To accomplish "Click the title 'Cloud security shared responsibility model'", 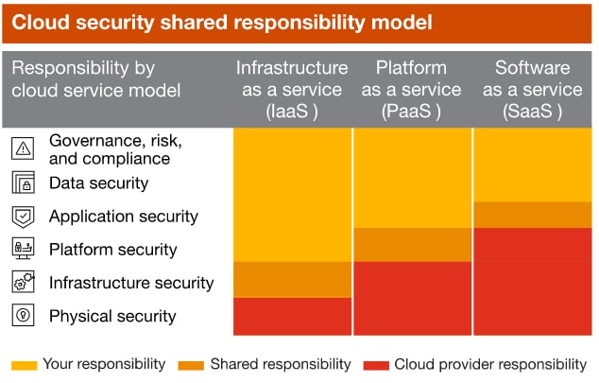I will pos(222,22).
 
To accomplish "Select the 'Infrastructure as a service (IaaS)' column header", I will pos(292,89).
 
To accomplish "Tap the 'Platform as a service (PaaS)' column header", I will pos(412,89).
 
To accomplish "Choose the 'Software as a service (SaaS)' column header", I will pos(532,89).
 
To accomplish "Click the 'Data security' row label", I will pos(98,183).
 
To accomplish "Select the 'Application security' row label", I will pos(124,217).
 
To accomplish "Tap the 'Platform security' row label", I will pos(112,250).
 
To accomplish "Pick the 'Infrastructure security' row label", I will pos(131,283).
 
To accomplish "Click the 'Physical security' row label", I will pos(112,316).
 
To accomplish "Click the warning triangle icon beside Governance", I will pos(24,148).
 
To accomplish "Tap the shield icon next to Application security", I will pos(24,217).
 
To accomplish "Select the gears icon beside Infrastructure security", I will pos(24,283).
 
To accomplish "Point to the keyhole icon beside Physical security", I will pos(24,316).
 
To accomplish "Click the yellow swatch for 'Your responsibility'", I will pos(26,364).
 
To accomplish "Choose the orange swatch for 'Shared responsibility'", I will pos(190,364).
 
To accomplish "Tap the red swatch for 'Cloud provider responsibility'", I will pos(376,364).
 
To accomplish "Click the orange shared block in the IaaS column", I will pos(292,279).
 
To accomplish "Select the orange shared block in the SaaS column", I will pos(532,215).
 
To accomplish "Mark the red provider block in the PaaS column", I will pos(412,298).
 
